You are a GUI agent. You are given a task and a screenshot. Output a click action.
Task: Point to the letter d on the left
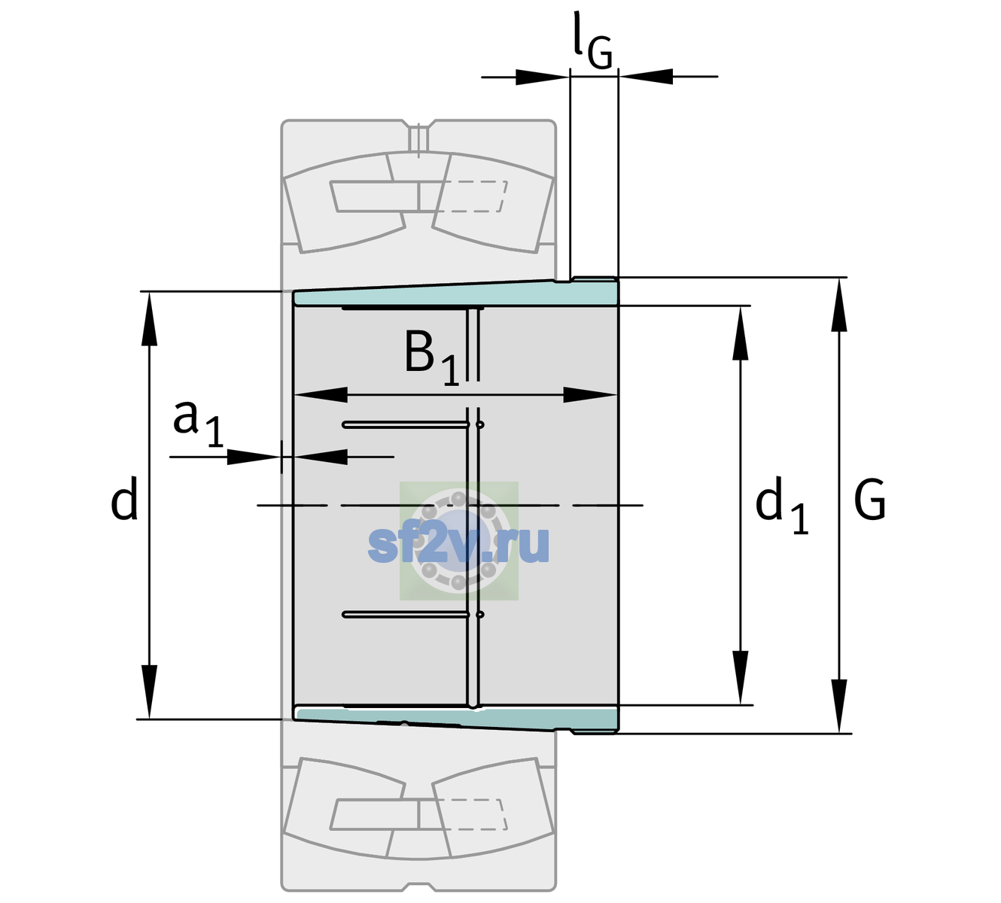[x=124, y=498]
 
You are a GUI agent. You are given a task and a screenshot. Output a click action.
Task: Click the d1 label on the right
[x=782, y=504]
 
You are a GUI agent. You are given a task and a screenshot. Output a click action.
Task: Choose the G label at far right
[x=870, y=500]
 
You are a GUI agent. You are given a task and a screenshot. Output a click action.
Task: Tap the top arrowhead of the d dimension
[x=149, y=319]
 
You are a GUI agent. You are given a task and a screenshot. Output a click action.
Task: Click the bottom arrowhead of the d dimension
[x=149, y=692]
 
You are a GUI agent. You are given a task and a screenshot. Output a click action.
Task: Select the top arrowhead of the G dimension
[x=839, y=306]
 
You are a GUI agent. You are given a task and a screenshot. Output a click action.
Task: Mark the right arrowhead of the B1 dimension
[x=590, y=394]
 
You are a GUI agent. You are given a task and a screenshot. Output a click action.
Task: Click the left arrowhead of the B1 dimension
[x=321, y=394]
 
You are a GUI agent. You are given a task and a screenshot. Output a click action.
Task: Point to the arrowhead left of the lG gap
[x=543, y=77]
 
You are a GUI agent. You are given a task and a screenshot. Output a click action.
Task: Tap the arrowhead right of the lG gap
[x=646, y=77]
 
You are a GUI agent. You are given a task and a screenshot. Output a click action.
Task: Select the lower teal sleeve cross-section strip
[x=455, y=719]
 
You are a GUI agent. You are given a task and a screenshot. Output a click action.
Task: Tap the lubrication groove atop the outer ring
[x=419, y=137]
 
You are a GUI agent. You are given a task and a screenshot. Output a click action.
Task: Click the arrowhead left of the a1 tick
[x=254, y=457]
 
